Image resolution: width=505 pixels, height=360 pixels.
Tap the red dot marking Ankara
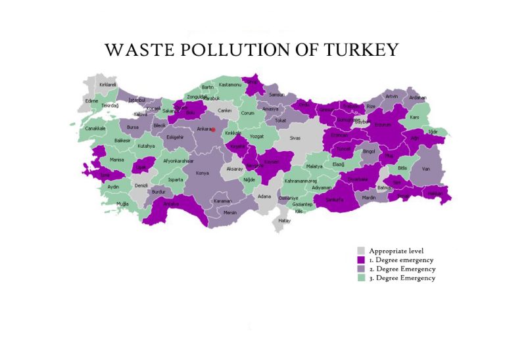point(213,129)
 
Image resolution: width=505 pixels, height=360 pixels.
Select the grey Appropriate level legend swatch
point(361,251)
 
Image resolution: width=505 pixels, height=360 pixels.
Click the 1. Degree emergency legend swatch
point(361,260)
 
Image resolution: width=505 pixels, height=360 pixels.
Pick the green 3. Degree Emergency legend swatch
point(361,278)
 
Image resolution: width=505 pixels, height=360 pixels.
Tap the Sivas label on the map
point(295,138)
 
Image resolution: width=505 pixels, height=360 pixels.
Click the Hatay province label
point(284,221)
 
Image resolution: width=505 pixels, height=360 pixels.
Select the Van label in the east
point(426,168)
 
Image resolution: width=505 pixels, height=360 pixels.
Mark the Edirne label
point(92,101)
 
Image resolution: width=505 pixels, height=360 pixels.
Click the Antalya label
point(171,204)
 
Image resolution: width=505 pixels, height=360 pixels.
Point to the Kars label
point(414,118)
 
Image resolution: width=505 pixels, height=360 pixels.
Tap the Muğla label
point(122,204)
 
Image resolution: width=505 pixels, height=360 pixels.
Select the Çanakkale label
point(95,128)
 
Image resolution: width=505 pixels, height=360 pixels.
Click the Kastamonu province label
point(231,85)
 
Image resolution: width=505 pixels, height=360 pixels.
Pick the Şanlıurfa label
point(335,200)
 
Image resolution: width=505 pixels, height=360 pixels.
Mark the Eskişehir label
point(175,137)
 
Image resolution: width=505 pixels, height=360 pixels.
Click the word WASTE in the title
point(136,50)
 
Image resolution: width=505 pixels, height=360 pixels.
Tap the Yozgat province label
point(257,136)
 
